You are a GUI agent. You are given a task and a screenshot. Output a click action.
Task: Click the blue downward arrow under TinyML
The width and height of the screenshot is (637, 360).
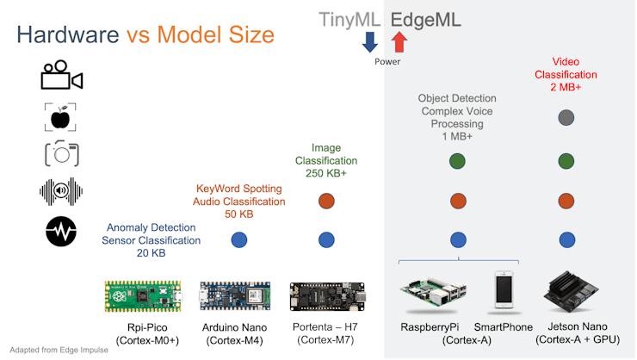point(370,41)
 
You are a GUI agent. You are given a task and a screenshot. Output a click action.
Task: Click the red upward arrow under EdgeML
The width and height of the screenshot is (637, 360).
point(399,41)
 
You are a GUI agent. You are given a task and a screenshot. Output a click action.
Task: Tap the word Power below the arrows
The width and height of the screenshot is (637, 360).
point(387,62)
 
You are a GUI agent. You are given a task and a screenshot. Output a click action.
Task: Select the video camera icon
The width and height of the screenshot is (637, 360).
point(61,76)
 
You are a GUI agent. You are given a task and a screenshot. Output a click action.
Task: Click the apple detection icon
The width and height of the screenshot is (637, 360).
point(61,116)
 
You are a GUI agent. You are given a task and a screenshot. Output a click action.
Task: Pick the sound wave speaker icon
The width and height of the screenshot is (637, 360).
point(61,191)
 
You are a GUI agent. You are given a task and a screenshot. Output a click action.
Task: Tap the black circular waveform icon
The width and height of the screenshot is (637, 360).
point(61,231)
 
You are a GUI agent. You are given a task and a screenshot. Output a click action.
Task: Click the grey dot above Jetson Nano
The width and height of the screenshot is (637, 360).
point(566,117)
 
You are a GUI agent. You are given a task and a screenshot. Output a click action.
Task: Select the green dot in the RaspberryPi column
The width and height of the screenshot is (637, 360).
point(458,161)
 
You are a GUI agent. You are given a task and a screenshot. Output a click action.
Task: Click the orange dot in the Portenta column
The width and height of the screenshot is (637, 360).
point(326,202)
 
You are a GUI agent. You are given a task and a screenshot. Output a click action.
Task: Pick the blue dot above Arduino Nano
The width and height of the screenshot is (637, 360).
point(239,239)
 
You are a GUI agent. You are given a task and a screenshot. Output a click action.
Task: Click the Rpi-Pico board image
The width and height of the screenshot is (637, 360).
point(143,295)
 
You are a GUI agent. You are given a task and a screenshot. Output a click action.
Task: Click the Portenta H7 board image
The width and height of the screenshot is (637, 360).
point(327,296)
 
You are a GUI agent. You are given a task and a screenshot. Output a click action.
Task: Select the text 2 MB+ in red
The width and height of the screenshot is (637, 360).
point(566,88)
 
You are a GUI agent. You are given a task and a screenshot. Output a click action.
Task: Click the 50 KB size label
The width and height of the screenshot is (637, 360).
point(238,214)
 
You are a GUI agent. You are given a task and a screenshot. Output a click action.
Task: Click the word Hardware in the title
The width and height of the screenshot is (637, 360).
point(68,35)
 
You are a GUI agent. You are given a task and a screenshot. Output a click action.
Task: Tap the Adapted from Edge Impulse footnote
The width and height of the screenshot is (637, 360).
point(53,351)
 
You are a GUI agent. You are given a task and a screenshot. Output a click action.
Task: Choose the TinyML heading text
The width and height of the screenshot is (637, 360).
point(350,19)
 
